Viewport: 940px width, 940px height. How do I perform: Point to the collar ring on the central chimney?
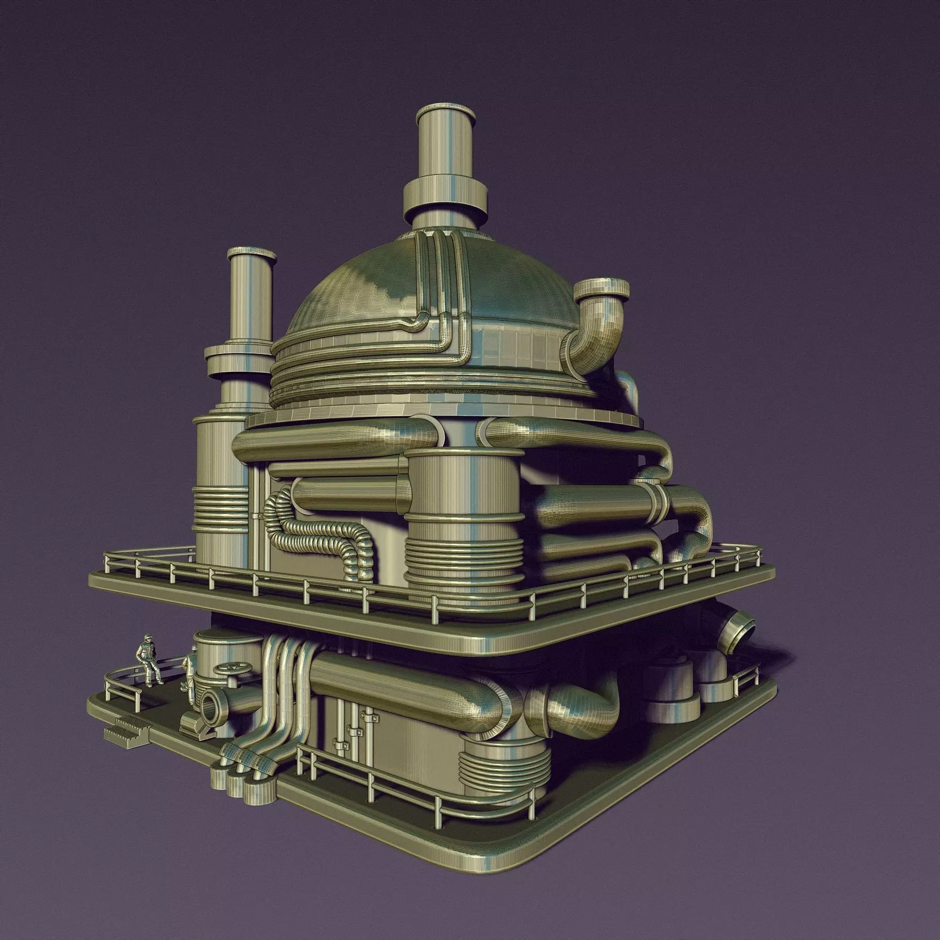coord(446,197)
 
